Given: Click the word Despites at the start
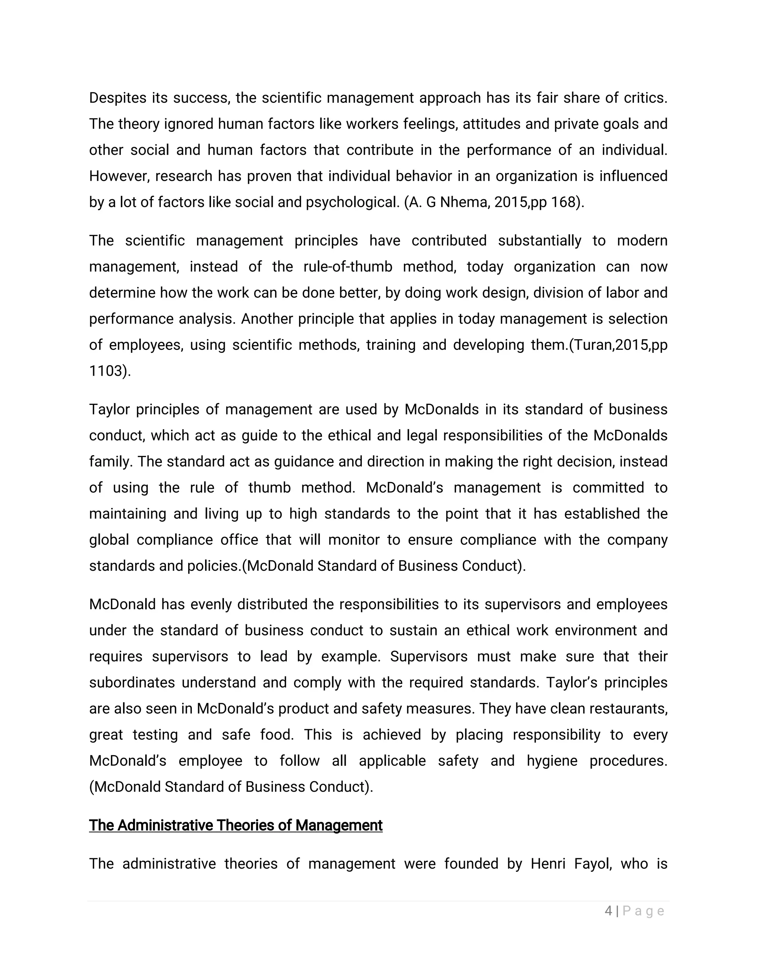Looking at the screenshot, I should pyautogui.click(x=118, y=98).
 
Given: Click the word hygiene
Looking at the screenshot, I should pyautogui.click(x=552, y=761).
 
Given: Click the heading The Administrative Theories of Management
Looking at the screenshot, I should pyautogui.click(x=235, y=825).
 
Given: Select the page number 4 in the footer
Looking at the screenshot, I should pyautogui.click(x=608, y=911).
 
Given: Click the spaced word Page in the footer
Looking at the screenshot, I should pyautogui.click(x=643, y=911).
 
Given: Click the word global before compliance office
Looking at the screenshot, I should pyautogui.click(x=109, y=540).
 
